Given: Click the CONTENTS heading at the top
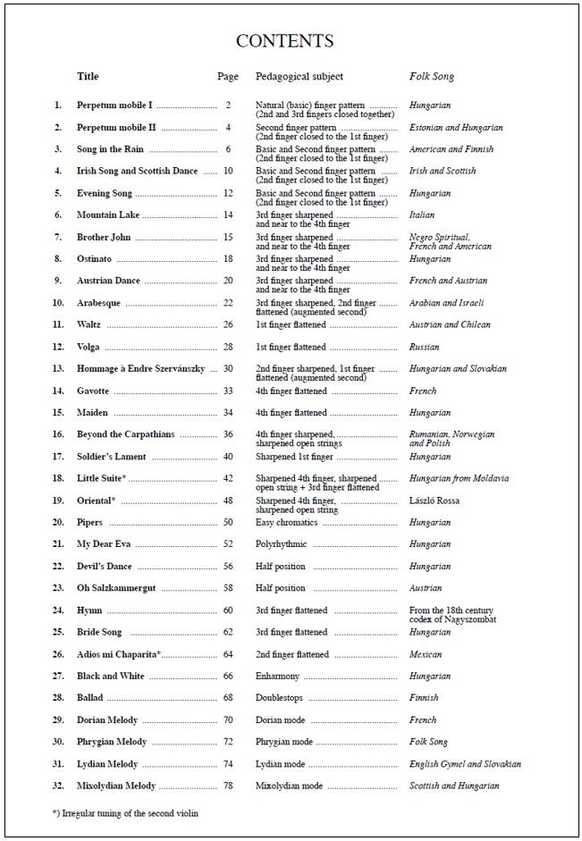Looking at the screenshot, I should point(284,41).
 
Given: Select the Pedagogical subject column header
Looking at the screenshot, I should point(299,77).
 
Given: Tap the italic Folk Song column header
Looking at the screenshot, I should point(432,77).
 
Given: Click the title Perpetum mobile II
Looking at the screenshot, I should point(116,128).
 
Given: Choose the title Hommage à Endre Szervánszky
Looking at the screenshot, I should point(140,369).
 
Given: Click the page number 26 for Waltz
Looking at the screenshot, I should point(228,325).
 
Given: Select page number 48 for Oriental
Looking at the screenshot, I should point(228,500).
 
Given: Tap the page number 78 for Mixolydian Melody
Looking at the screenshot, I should point(228,786).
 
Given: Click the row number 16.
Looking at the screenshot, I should point(58,435).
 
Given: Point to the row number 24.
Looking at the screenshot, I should point(58,610).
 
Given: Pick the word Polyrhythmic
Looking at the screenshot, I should point(281,544).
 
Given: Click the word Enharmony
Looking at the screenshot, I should point(277,677).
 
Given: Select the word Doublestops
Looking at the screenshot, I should point(279,698).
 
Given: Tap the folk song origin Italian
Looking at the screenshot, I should point(422,215).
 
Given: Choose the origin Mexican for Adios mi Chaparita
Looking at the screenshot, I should point(426,654).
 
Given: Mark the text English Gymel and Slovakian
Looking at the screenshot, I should point(465,764).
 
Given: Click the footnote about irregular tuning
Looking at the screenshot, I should point(125,813).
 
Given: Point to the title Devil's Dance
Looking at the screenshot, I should point(104,567).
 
